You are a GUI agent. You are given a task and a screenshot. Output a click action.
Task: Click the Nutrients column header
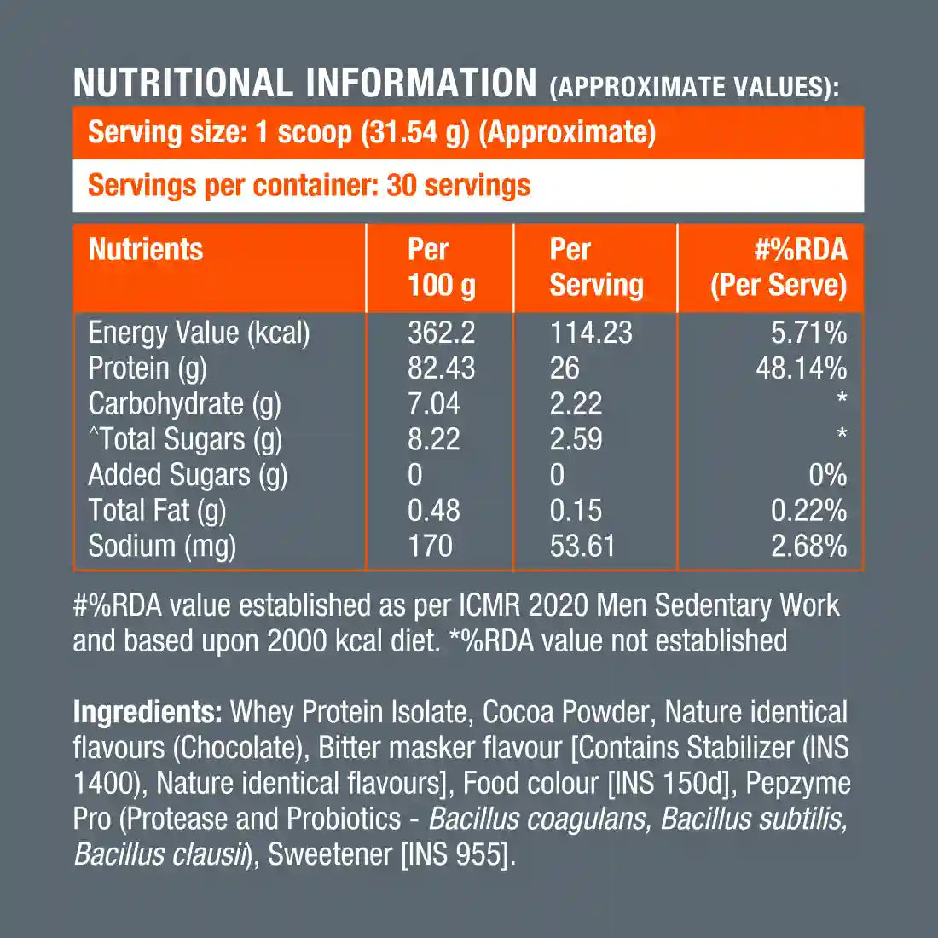(146, 250)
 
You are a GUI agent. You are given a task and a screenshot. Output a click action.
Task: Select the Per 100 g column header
(441, 267)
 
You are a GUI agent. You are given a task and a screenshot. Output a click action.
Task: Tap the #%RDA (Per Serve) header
(779, 267)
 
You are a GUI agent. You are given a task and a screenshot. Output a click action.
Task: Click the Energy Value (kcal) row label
(199, 333)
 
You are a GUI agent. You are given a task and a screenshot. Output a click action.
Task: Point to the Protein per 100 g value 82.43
(441, 368)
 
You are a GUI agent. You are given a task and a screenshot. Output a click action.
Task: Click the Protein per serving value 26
(565, 368)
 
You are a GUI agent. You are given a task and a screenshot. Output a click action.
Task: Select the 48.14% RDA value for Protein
(801, 368)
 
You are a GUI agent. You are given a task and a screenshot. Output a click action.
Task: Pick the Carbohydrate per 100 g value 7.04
(433, 404)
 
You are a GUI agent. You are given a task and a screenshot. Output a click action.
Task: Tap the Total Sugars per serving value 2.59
(576, 439)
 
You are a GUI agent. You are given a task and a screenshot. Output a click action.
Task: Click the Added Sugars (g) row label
(188, 475)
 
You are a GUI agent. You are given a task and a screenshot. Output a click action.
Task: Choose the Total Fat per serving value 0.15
(576, 511)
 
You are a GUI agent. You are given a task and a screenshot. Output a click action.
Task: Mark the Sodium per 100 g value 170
(430, 547)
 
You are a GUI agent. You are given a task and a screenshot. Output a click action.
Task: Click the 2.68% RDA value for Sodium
(808, 547)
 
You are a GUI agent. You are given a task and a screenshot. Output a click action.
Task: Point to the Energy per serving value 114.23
(591, 333)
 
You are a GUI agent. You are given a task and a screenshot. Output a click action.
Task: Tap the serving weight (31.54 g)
(414, 133)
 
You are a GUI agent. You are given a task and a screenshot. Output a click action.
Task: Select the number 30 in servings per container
(402, 185)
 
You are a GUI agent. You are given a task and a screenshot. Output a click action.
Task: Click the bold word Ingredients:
(148, 712)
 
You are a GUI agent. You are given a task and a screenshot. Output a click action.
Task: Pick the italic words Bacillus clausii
(159, 854)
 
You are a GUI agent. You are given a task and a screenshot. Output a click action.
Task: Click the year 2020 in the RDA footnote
(559, 605)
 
